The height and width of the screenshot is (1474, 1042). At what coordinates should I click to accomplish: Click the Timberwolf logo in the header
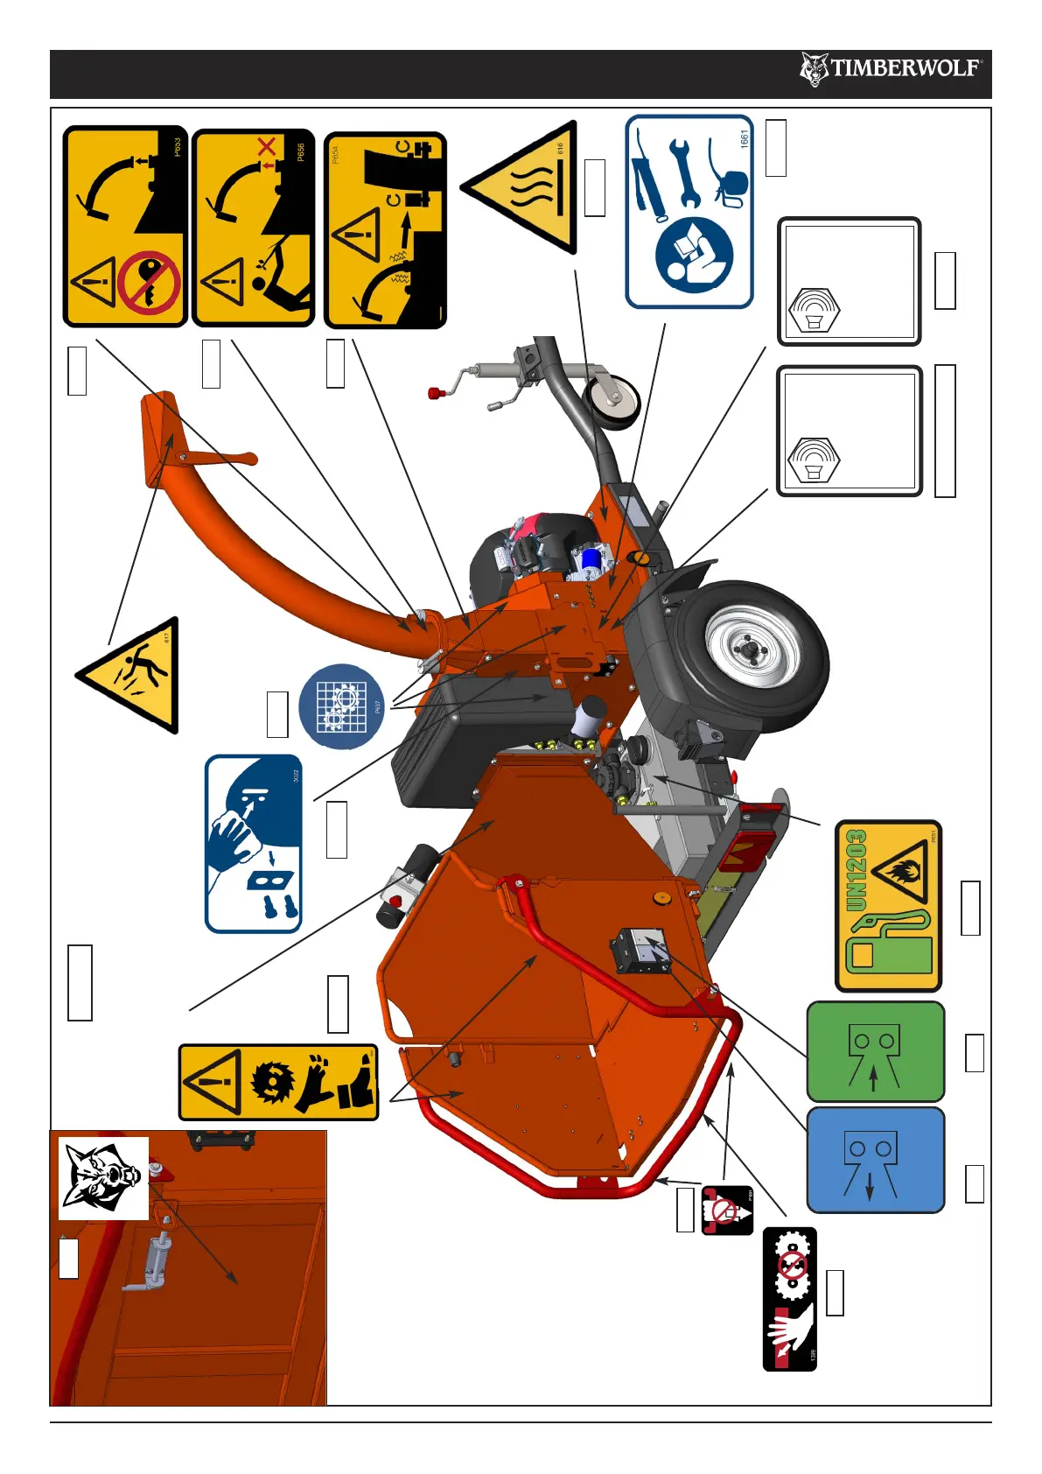891,68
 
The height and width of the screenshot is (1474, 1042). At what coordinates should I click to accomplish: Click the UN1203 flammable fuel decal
888,905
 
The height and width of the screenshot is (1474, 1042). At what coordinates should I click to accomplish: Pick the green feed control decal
875,1051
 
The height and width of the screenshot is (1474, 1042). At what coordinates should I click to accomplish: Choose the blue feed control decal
875,1160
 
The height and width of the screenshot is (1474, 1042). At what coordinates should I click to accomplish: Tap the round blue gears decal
341,706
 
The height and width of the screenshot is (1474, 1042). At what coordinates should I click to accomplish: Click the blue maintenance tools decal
689,212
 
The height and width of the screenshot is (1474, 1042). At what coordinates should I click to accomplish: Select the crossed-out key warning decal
125,227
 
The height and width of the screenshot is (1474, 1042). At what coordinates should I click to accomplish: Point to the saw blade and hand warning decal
278,1082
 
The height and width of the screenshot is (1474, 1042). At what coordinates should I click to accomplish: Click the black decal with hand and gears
790,1298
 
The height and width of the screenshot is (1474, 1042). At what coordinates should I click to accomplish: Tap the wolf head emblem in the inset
103,1177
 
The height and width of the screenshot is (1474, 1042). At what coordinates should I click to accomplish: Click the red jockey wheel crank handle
435,393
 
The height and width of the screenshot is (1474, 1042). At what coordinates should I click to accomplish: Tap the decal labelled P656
253,228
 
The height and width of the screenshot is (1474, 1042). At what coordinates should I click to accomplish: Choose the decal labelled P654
385,231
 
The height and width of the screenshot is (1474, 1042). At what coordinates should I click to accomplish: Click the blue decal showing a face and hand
254,844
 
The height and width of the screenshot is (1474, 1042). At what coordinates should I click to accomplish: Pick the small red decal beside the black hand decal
727,1211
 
